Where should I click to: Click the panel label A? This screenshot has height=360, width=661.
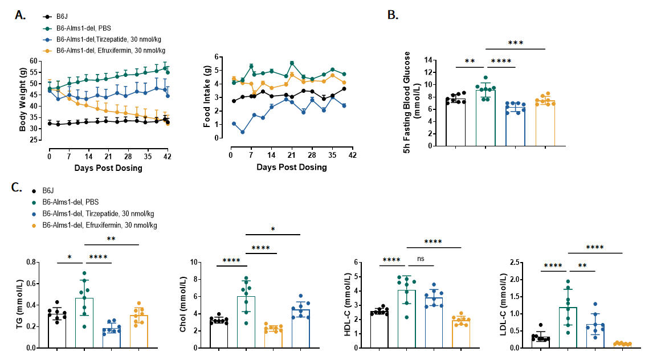[20, 15]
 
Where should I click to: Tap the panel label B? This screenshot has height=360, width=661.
[393, 15]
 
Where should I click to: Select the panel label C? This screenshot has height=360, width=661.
[19, 187]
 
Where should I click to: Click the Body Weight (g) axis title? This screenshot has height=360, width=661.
[23, 95]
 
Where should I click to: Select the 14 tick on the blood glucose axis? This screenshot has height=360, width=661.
[429, 60]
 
